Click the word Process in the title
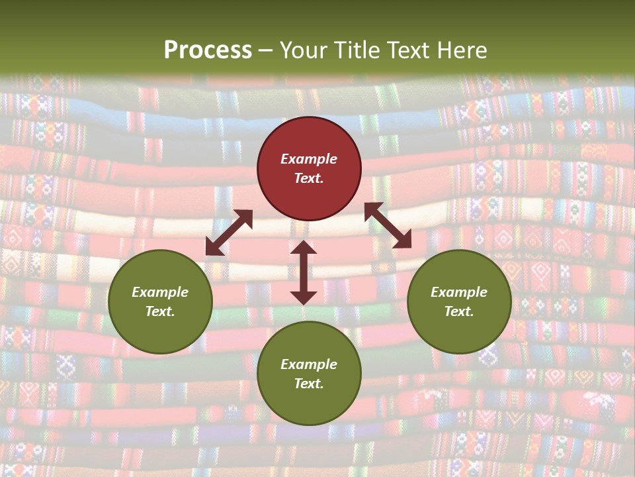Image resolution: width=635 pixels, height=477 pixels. pos(208,50)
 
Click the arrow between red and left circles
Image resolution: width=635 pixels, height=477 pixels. pos(229,233)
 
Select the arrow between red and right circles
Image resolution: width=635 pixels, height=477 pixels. pos(388,225)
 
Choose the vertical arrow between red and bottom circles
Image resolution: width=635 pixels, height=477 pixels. pos(304,272)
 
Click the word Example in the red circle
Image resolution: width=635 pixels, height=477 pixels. pos(309,159)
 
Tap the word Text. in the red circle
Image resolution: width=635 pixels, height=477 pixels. pos(309,178)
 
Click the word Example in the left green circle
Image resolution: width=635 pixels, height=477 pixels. pos(160,292)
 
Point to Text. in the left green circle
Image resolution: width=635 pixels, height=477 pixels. pos(160,311)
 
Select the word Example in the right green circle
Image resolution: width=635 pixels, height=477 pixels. pos(459,292)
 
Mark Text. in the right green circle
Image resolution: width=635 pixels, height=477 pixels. pos(459,311)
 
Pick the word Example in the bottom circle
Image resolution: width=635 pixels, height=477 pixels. pos(309,364)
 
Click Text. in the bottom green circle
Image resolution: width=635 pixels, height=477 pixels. pos(309,384)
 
